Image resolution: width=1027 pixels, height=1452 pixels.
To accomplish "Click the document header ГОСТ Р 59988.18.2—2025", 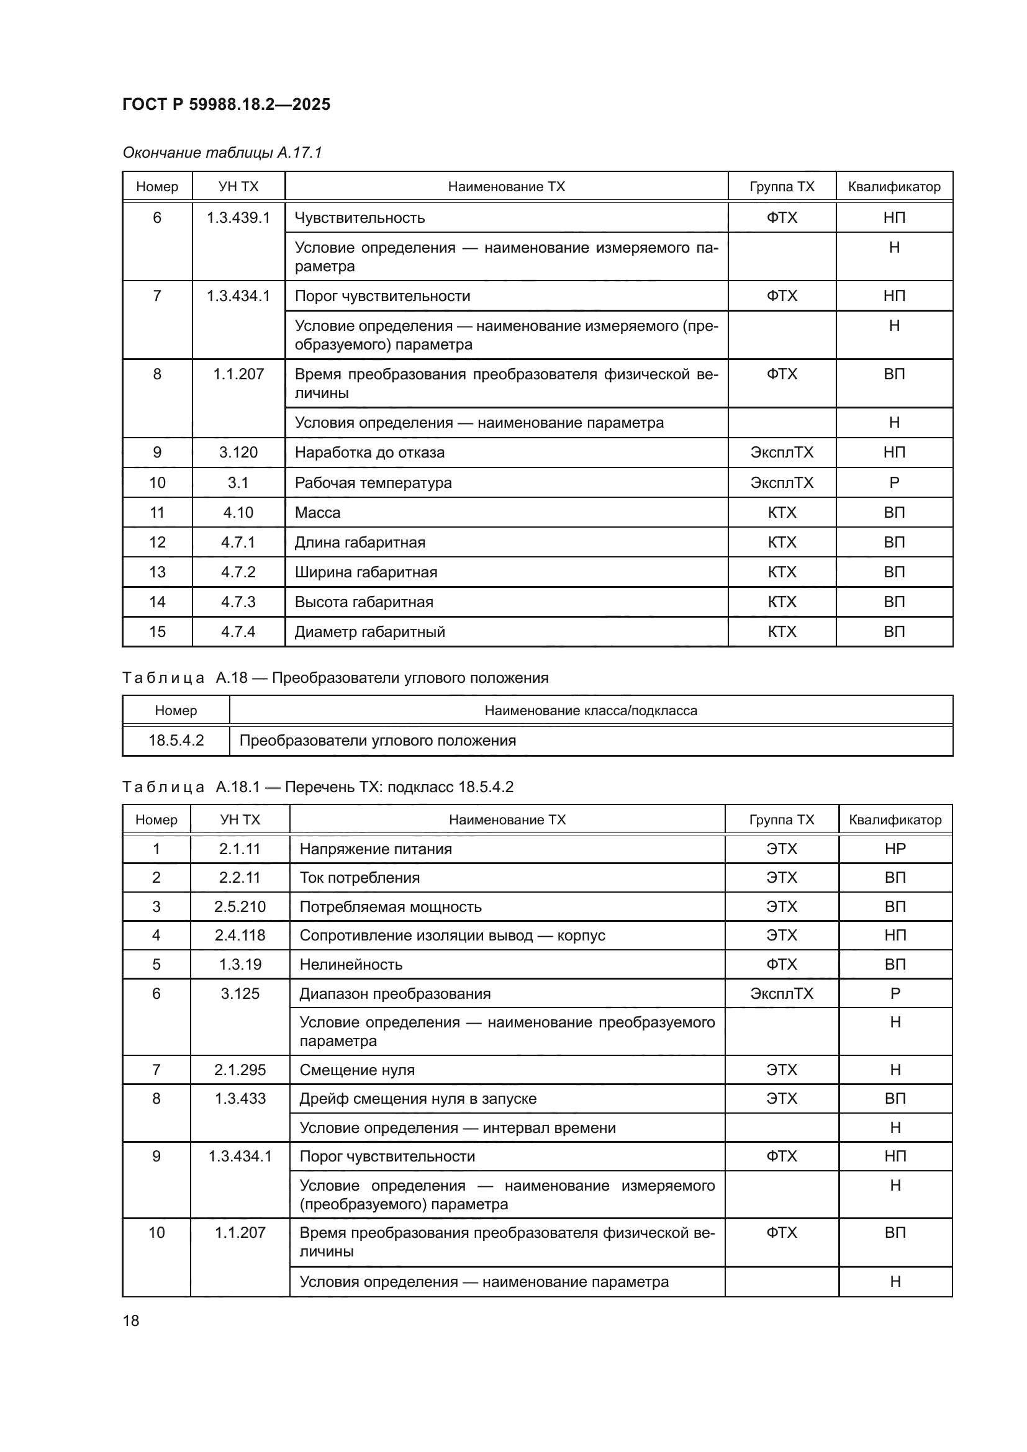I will point(226,104).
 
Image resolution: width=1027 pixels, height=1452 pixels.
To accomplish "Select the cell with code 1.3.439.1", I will point(238,217).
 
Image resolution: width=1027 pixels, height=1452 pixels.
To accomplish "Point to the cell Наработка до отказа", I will point(369,452).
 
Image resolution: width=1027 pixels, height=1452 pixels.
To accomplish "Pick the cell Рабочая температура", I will point(373,482).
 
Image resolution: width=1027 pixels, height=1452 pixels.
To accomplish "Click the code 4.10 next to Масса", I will point(238,512).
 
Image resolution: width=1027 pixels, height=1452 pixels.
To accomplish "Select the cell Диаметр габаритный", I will point(369,631).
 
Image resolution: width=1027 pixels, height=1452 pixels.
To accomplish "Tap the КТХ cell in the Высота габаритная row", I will point(782,602).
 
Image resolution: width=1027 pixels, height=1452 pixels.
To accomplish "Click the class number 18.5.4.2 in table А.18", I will point(176,740).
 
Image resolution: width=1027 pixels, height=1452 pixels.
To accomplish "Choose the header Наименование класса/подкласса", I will point(590,710).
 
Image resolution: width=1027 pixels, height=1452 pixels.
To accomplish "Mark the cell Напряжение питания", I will point(376,849).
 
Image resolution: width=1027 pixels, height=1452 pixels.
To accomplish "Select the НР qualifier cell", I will point(895,849).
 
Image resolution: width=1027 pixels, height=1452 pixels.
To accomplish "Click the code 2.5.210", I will point(240,906).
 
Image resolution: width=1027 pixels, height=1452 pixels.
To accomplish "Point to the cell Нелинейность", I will point(350,964).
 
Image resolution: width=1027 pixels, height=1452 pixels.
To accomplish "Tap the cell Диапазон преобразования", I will point(395,993).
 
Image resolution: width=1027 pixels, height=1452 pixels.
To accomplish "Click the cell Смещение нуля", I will point(356,1070).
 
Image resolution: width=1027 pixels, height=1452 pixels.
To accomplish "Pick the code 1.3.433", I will point(240,1098).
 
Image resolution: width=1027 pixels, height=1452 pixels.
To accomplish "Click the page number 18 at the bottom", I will point(131,1320).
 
